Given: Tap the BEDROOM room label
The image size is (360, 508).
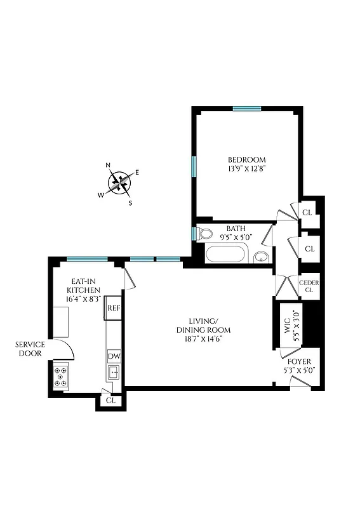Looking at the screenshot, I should [247, 159].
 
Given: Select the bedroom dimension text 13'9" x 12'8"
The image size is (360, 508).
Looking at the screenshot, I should [247, 169].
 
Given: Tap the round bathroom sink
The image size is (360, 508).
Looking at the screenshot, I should [260, 257].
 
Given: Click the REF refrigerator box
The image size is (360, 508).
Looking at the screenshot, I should [114, 307].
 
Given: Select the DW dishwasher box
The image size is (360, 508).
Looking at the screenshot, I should [114, 356].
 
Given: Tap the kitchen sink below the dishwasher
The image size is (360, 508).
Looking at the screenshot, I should [114, 372].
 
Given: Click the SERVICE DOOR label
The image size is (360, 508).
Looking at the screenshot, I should [30, 349].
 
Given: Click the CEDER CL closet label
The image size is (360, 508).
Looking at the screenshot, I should [309, 286].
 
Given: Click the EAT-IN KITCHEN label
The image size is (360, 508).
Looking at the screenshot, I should [84, 288].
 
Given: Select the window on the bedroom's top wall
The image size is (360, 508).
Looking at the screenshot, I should [247, 109].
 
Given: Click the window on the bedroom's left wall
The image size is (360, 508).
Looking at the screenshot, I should [194, 165].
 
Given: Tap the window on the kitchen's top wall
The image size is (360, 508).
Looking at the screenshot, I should [87, 258].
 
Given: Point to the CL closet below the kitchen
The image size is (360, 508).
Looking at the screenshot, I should [111, 401].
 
